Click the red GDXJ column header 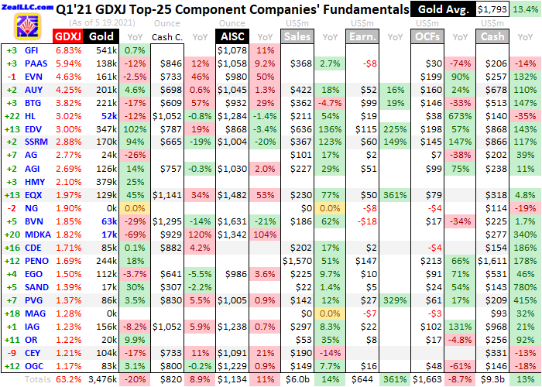pyautogui.click(x=65, y=36)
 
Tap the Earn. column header pyautogui.click(x=362, y=36)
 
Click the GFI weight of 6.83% pyautogui.click(x=68, y=50)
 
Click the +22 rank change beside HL pyautogui.click(x=12, y=115)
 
